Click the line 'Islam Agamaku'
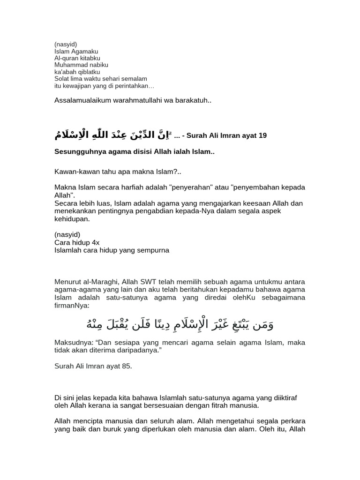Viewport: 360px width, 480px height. [76, 52]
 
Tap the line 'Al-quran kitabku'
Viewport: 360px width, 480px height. [77, 58]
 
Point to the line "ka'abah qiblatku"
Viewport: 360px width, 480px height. [77, 72]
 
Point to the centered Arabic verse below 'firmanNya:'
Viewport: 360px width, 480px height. [180, 324]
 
